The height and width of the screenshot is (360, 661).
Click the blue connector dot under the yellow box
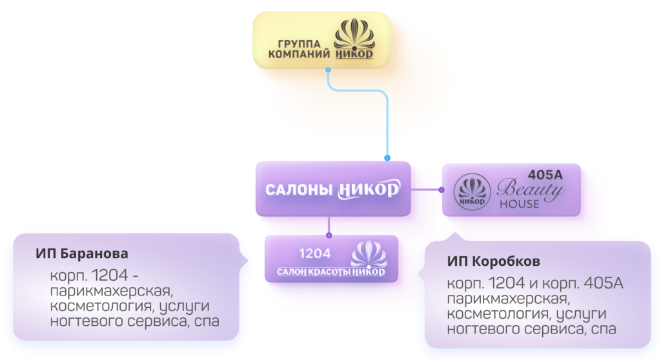point(328,69)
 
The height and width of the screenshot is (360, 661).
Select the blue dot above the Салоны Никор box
point(387,157)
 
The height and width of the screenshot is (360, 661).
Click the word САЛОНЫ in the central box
point(299,190)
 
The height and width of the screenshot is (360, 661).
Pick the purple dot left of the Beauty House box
point(442,190)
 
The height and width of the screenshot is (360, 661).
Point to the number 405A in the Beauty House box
point(545,175)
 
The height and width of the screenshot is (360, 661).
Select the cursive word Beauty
point(531,189)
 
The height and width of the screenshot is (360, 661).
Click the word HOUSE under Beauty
point(519,204)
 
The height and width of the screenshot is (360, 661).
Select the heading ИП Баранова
point(82,252)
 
